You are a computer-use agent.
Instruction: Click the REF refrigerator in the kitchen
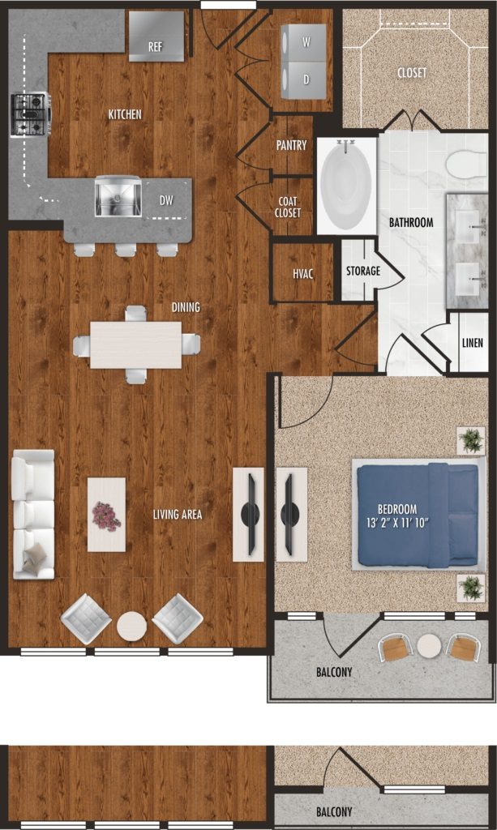pos(157,36)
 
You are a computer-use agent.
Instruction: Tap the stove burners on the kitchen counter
pos(31,113)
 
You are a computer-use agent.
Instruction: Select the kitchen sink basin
pos(118,198)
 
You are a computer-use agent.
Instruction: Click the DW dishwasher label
pos(167,200)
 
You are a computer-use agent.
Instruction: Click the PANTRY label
pos(292,144)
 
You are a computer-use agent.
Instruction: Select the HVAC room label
pos(302,274)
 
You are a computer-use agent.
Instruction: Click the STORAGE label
pos(363,271)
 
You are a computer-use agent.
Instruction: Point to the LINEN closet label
pos(473,343)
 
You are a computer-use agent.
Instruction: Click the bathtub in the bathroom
pos(347,186)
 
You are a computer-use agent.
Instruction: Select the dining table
pos(136,344)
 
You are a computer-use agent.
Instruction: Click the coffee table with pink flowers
pos(106,515)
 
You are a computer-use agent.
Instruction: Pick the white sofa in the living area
pos(33,515)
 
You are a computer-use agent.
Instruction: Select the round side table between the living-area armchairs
pos(132,627)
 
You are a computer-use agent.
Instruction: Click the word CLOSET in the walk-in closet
pos(412,72)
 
